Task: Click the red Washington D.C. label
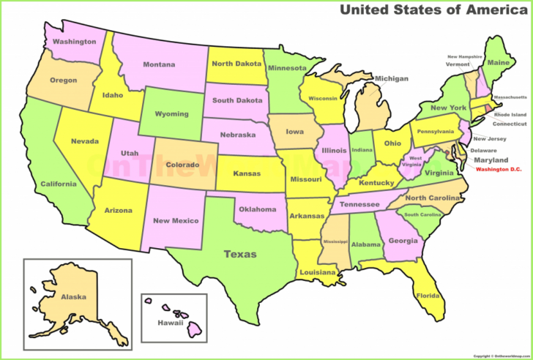(502, 170)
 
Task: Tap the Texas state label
(240, 254)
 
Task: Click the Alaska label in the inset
(73, 296)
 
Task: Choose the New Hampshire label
(466, 56)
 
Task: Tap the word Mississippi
(337, 241)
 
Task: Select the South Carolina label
(422, 214)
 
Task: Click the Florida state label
(428, 296)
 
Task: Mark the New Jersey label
(490, 138)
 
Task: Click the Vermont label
(458, 64)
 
